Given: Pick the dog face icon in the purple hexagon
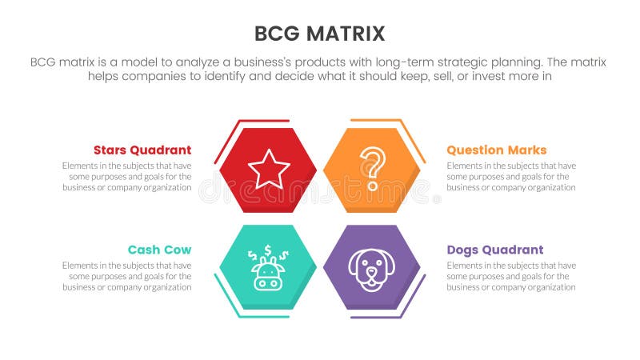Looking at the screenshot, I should (x=370, y=269).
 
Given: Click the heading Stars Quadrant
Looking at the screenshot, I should (x=142, y=150).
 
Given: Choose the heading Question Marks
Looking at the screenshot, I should (x=496, y=150).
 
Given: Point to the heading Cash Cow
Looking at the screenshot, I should (x=159, y=250).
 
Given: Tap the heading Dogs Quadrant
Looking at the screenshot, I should (x=494, y=250).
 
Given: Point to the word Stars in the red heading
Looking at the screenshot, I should (x=111, y=150).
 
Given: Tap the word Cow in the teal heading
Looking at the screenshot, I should (x=177, y=250).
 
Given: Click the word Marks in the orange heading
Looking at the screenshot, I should (x=527, y=150).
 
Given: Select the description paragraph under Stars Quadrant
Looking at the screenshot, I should (x=126, y=177).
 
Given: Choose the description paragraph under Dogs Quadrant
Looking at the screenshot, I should (x=510, y=276).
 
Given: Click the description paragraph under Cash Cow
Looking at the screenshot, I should (x=126, y=276).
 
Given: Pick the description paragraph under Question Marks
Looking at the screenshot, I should (x=510, y=177).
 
